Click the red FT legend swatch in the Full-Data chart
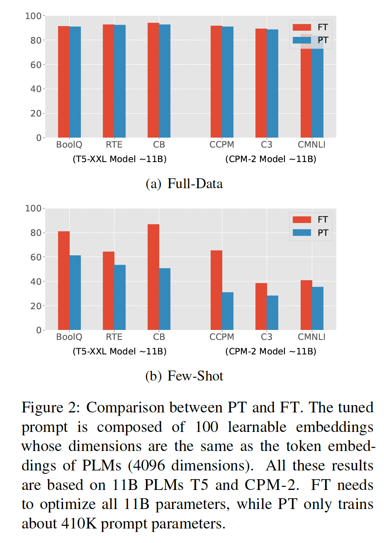point(301,27)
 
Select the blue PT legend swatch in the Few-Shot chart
point(301,233)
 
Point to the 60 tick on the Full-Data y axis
point(35,65)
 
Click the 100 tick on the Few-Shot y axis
point(33,208)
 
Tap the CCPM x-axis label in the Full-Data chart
point(222,145)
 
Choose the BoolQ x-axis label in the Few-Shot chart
point(69,337)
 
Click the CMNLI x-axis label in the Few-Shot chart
point(311,337)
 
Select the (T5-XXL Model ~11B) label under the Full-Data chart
point(119,159)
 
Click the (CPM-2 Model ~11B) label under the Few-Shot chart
point(271,351)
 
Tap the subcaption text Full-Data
point(195,184)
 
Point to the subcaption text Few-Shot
point(195,376)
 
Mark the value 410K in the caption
point(79,524)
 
